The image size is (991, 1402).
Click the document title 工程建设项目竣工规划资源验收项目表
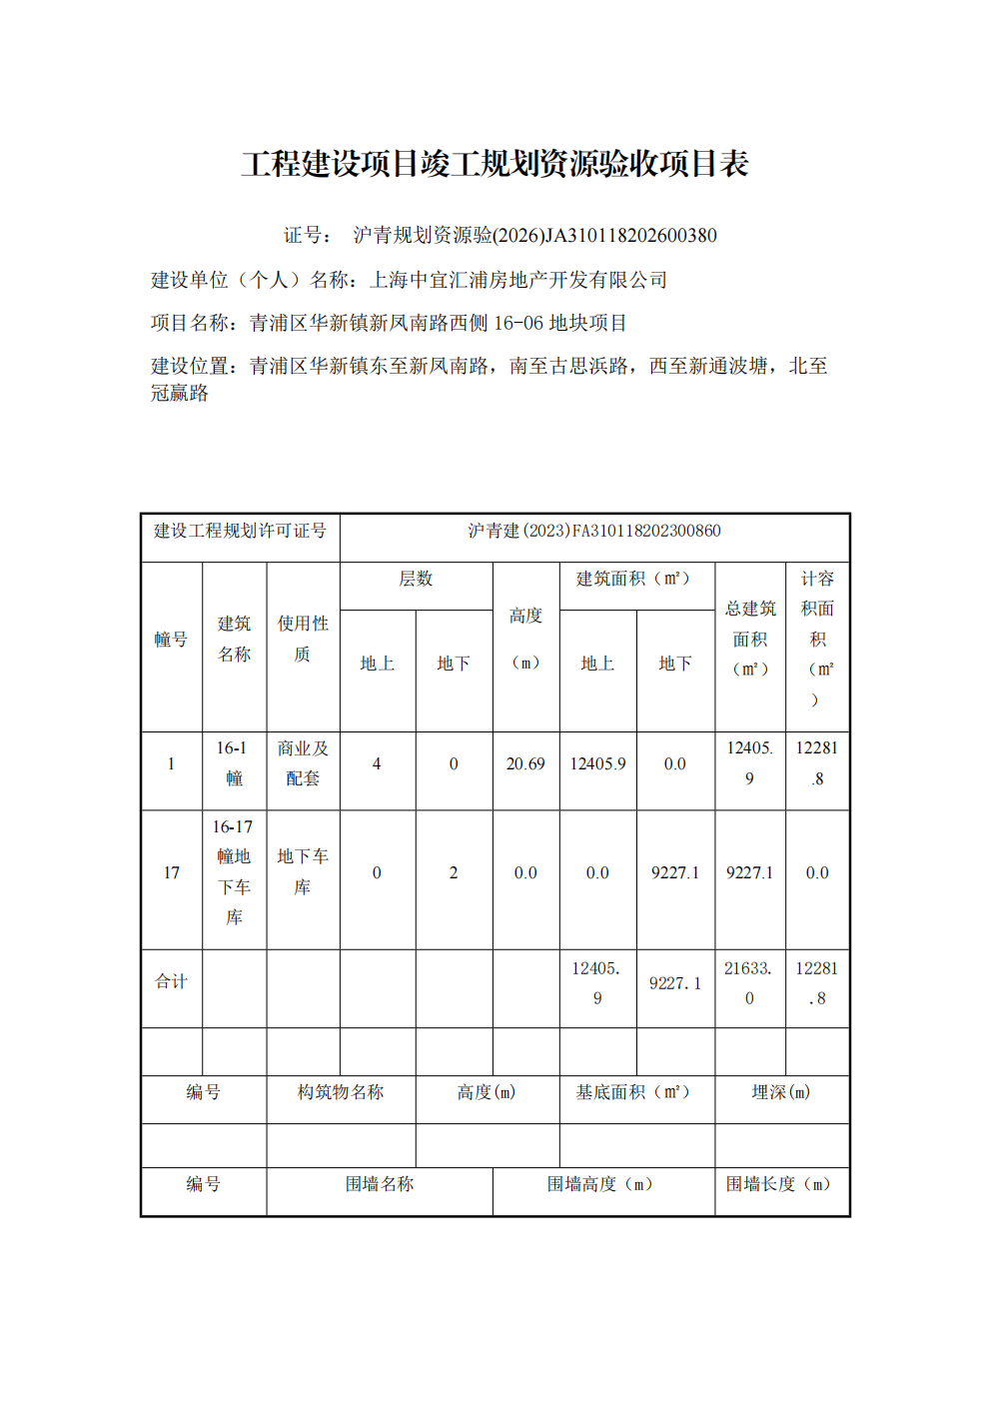[x=495, y=164]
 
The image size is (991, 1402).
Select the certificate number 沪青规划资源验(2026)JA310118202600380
[x=534, y=236]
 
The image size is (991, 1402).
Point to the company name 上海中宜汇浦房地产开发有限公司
[x=518, y=280]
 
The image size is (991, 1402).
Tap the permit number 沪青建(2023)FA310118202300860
[x=594, y=531]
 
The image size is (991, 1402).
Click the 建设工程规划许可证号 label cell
[x=240, y=531]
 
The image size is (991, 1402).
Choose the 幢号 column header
[x=171, y=640]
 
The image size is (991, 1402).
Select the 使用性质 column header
[x=303, y=639]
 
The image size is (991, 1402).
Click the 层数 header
[x=416, y=579]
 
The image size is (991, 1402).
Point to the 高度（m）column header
[x=525, y=639]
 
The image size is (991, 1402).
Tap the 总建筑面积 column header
[x=750, y=639]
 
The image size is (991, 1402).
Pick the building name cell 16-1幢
[x=234, y=763]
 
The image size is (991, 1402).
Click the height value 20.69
[x=525, y=763]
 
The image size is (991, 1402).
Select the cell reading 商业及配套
[x=303, y=763]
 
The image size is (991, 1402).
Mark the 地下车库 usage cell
[x=303, y=872]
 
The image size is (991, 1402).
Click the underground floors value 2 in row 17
[x=454, y=872]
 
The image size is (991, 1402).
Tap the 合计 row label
[x=171, y=982]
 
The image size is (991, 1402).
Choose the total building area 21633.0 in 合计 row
[x=749, y=983]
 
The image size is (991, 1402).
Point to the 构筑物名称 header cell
[x=341, y=1092]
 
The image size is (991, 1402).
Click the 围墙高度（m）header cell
[x=602, y=1184]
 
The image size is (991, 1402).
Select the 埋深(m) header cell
[x=781, y=1092]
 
